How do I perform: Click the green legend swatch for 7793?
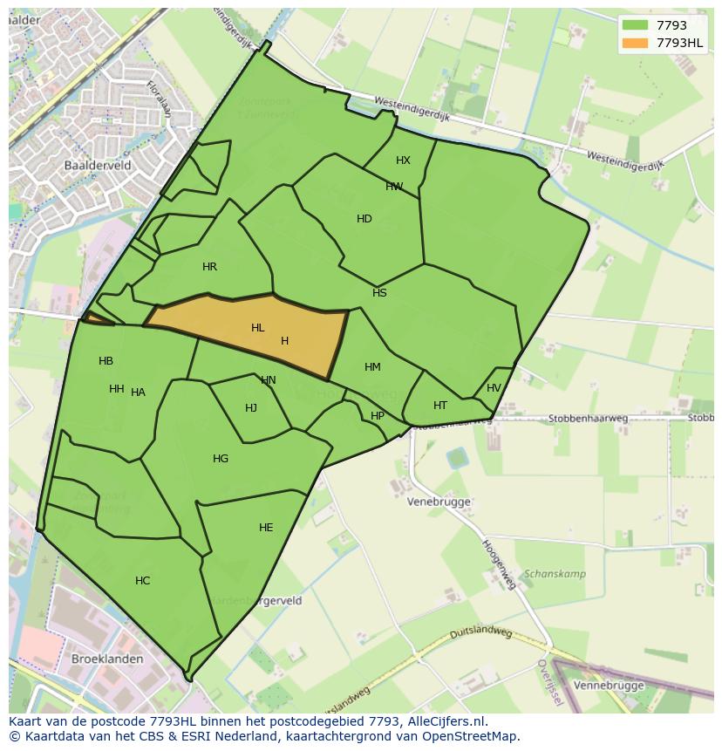634,25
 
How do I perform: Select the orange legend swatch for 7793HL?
634,42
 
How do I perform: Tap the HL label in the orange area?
257,328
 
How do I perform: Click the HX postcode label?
403,160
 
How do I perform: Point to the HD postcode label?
364,219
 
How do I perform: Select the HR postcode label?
209,267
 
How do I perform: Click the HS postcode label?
379,293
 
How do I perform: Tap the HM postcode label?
372,367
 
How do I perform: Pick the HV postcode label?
494,388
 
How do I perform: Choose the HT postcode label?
440,406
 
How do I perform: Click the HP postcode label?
377,416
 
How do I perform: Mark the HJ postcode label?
251,408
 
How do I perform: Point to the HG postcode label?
221,459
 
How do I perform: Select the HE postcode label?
266,528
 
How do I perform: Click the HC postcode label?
142,581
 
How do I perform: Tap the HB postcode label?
106,361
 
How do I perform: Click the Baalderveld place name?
97,163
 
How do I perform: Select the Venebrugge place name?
439,502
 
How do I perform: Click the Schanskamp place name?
554,574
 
